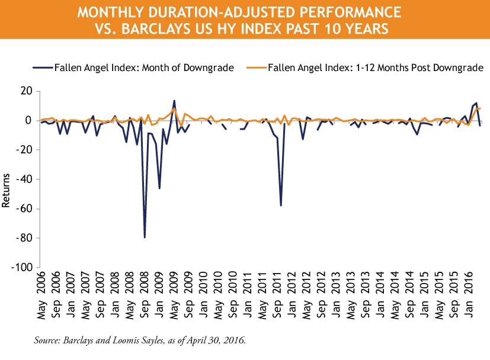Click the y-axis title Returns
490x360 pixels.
7,189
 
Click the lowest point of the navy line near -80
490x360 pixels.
145,237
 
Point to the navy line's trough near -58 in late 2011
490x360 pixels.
280,205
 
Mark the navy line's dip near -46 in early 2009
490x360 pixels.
159,188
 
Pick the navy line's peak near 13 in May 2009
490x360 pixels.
174,101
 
